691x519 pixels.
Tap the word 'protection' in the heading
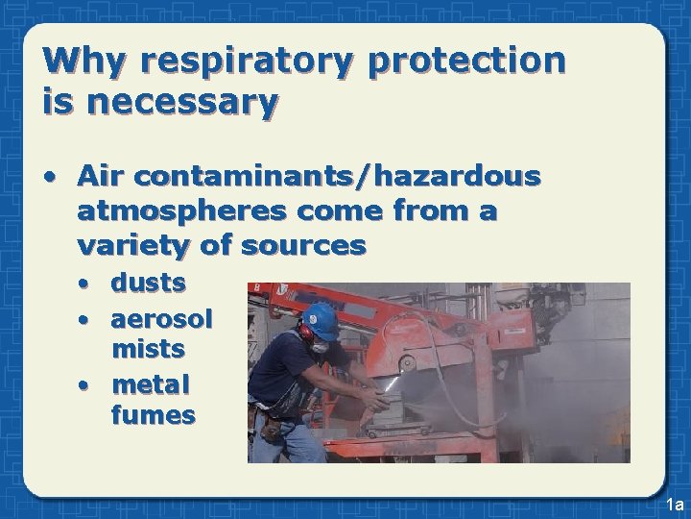pyautogui.click(x=467, y=62)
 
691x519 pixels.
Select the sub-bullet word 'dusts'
pyautogui.click(x=149, y=284)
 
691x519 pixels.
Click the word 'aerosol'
pyautogui.click(x=162, y=317)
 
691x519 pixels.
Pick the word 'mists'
pyautogui.click(x=148, y=348)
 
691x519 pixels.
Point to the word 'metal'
pyautogui.click(x=151, y=385)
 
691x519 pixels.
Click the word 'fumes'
pyautogui.click(x=154, y=415)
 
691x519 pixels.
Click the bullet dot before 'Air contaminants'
pyautogui.click(x=48, y=178)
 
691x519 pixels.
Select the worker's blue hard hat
pyautogui.click(x=321, y=319)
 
